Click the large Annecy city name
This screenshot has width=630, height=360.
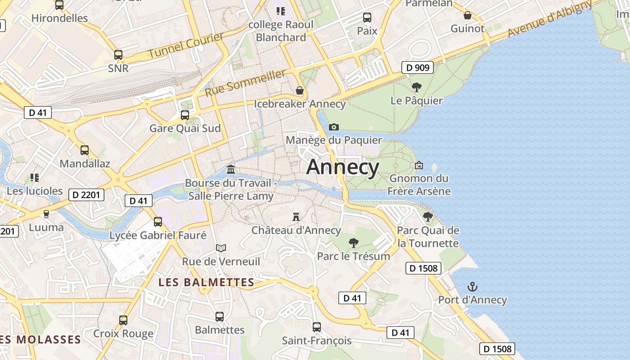coord(343,167)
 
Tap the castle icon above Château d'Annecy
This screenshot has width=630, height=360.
coord(296,217)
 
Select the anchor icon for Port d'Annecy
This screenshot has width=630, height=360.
coord(472,287)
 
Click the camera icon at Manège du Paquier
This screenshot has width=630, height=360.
coord(333,127)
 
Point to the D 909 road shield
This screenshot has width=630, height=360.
coord(417,68)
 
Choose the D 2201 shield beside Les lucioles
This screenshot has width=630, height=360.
coord(86,195)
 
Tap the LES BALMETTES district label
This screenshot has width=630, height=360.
coord(207,283)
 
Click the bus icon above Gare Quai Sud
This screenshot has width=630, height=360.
coord(184,115)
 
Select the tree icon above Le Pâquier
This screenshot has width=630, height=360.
coord(417,87)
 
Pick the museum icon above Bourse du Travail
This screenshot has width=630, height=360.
coord(231,170)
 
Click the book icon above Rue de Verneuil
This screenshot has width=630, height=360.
coord(220,248)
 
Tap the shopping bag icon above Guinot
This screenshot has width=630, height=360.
coord(468,15)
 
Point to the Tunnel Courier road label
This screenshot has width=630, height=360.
coord(186,45)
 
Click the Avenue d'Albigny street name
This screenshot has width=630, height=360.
coord(550,19)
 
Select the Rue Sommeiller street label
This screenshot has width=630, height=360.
coord(245,83)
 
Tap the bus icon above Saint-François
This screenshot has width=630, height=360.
coord(317,327)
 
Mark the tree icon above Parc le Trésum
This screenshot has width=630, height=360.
coord(354,243)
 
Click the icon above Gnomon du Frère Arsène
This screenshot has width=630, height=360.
coord(419,165)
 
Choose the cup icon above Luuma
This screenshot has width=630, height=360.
coord(46,214)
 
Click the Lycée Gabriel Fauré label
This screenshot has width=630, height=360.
coord(158,235)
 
